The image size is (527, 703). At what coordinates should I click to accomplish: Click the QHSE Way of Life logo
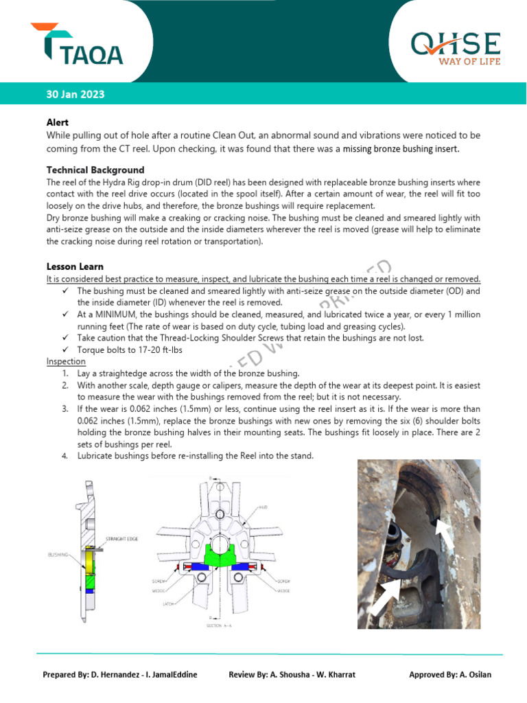point(455,47)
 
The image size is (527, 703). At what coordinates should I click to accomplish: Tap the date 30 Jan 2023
point(75,94)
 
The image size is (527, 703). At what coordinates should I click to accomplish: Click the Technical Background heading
point(95,170)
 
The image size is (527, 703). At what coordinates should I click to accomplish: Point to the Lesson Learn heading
point(75,266)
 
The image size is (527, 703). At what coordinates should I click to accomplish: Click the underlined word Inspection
point(66,361)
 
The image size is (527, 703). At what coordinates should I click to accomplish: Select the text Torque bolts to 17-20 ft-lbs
point(129,349)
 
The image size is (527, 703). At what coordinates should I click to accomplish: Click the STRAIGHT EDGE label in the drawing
point(122,539)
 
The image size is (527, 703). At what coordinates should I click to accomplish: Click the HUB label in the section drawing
point(263,507)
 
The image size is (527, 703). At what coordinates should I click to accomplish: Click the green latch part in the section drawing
point(219,552)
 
